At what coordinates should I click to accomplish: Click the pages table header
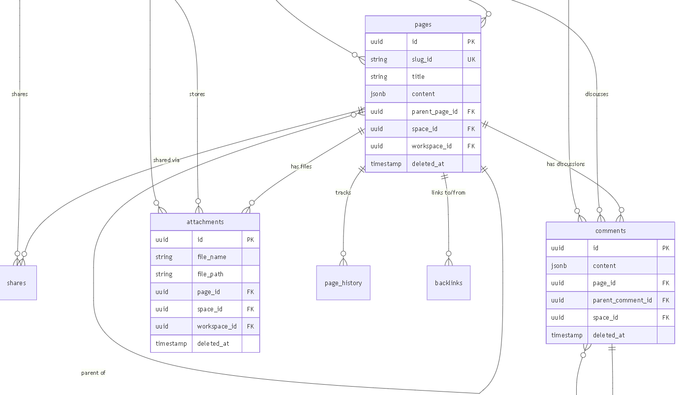pos(423,25)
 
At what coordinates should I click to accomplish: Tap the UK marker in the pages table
pos(471,59)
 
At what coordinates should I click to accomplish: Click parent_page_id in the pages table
pos(435,112)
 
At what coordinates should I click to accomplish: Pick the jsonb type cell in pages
pos(386,94)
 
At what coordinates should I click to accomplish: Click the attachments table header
pos(205,222)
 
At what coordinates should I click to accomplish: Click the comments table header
pos(610,231)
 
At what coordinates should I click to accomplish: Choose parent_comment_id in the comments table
pos(622,300)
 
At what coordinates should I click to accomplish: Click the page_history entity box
pos(343,283)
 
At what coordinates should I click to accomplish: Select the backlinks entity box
pos(449,283)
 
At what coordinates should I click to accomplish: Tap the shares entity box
pos(17,283)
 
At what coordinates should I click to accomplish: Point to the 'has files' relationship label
pos(301,166)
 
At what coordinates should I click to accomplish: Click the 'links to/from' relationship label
pos(448,192)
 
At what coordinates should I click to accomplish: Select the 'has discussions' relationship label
pos(565,164)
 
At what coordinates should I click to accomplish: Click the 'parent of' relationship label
pos(93,373)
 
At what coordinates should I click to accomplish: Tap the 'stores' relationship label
pos(197,94)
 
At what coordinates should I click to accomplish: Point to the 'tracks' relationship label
pos(343,192)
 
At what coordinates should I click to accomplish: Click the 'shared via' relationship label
pos(166,160)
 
